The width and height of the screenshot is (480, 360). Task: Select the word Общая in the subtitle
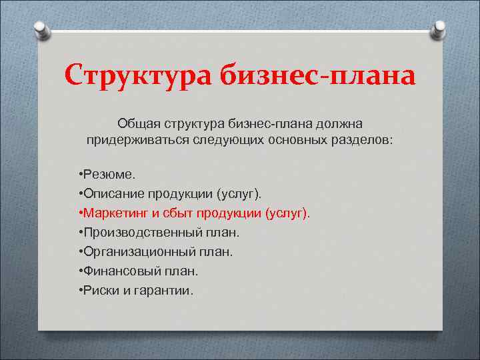pyautogui.click(x=137, y=123)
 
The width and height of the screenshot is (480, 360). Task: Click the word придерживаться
pyautogui.click(x=134, y=140)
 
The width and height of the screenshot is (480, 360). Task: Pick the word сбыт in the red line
pyautogui.click(x=183, y=213)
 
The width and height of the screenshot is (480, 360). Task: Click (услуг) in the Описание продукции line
pyautogui.click(x=239, y=194)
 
